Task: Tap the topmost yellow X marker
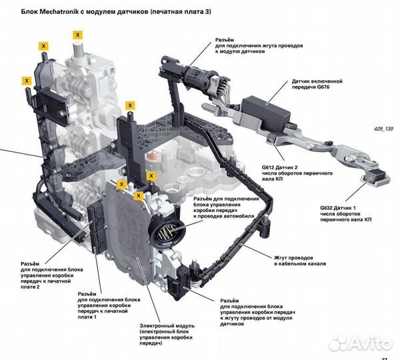coord(78,34)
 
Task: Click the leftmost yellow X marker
coord(27,81)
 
